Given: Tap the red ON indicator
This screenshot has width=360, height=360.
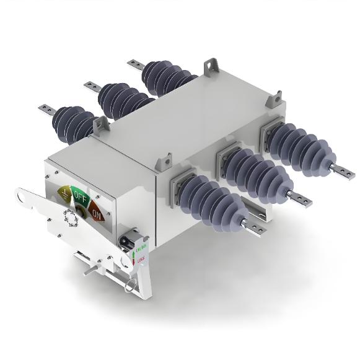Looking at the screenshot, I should pos(97,214).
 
